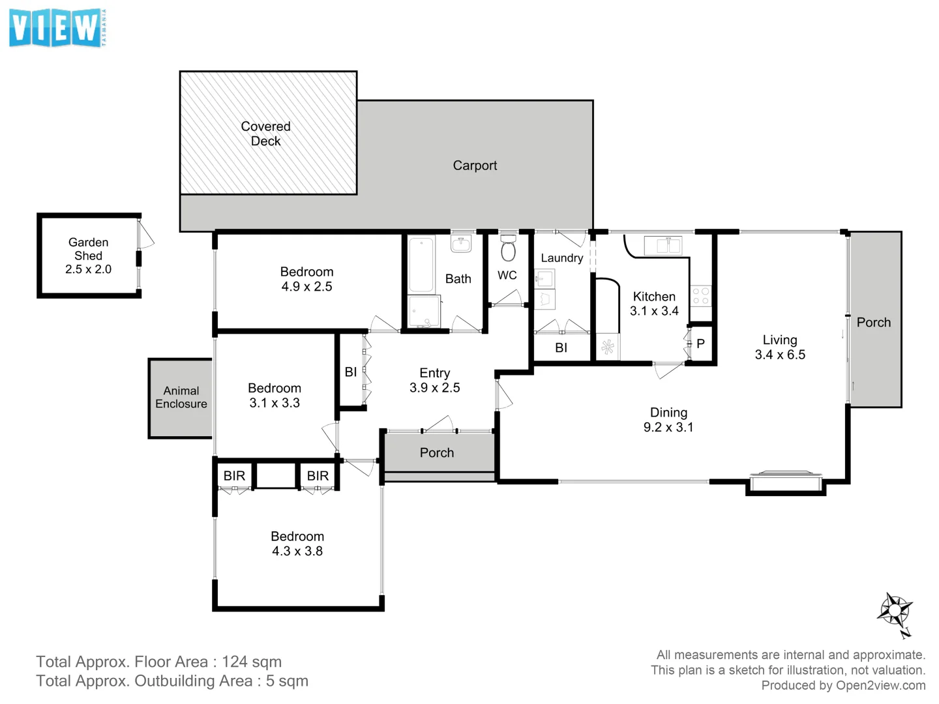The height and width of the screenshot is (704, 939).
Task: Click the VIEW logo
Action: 57,28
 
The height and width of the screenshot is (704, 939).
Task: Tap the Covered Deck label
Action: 265,134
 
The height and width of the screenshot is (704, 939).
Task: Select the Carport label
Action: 475,166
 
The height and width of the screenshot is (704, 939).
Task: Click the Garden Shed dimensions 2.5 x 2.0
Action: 88,269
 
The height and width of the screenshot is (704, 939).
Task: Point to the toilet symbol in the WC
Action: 508,250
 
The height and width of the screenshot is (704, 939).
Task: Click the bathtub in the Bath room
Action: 421,264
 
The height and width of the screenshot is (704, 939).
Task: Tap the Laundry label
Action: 561,258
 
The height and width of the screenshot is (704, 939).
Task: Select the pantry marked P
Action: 700,344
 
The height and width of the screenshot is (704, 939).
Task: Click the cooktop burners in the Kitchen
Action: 701,296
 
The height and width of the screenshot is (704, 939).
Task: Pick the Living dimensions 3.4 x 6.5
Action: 780,355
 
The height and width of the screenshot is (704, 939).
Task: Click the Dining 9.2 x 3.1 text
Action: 668,428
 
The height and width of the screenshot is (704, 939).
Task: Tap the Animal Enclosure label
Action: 181,397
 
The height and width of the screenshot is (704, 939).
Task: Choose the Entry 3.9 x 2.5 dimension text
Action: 435,388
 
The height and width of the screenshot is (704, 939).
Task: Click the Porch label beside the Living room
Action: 873,322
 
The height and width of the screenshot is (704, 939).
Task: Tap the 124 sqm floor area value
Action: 252,662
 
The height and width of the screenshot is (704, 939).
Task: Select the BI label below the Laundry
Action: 561,348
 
